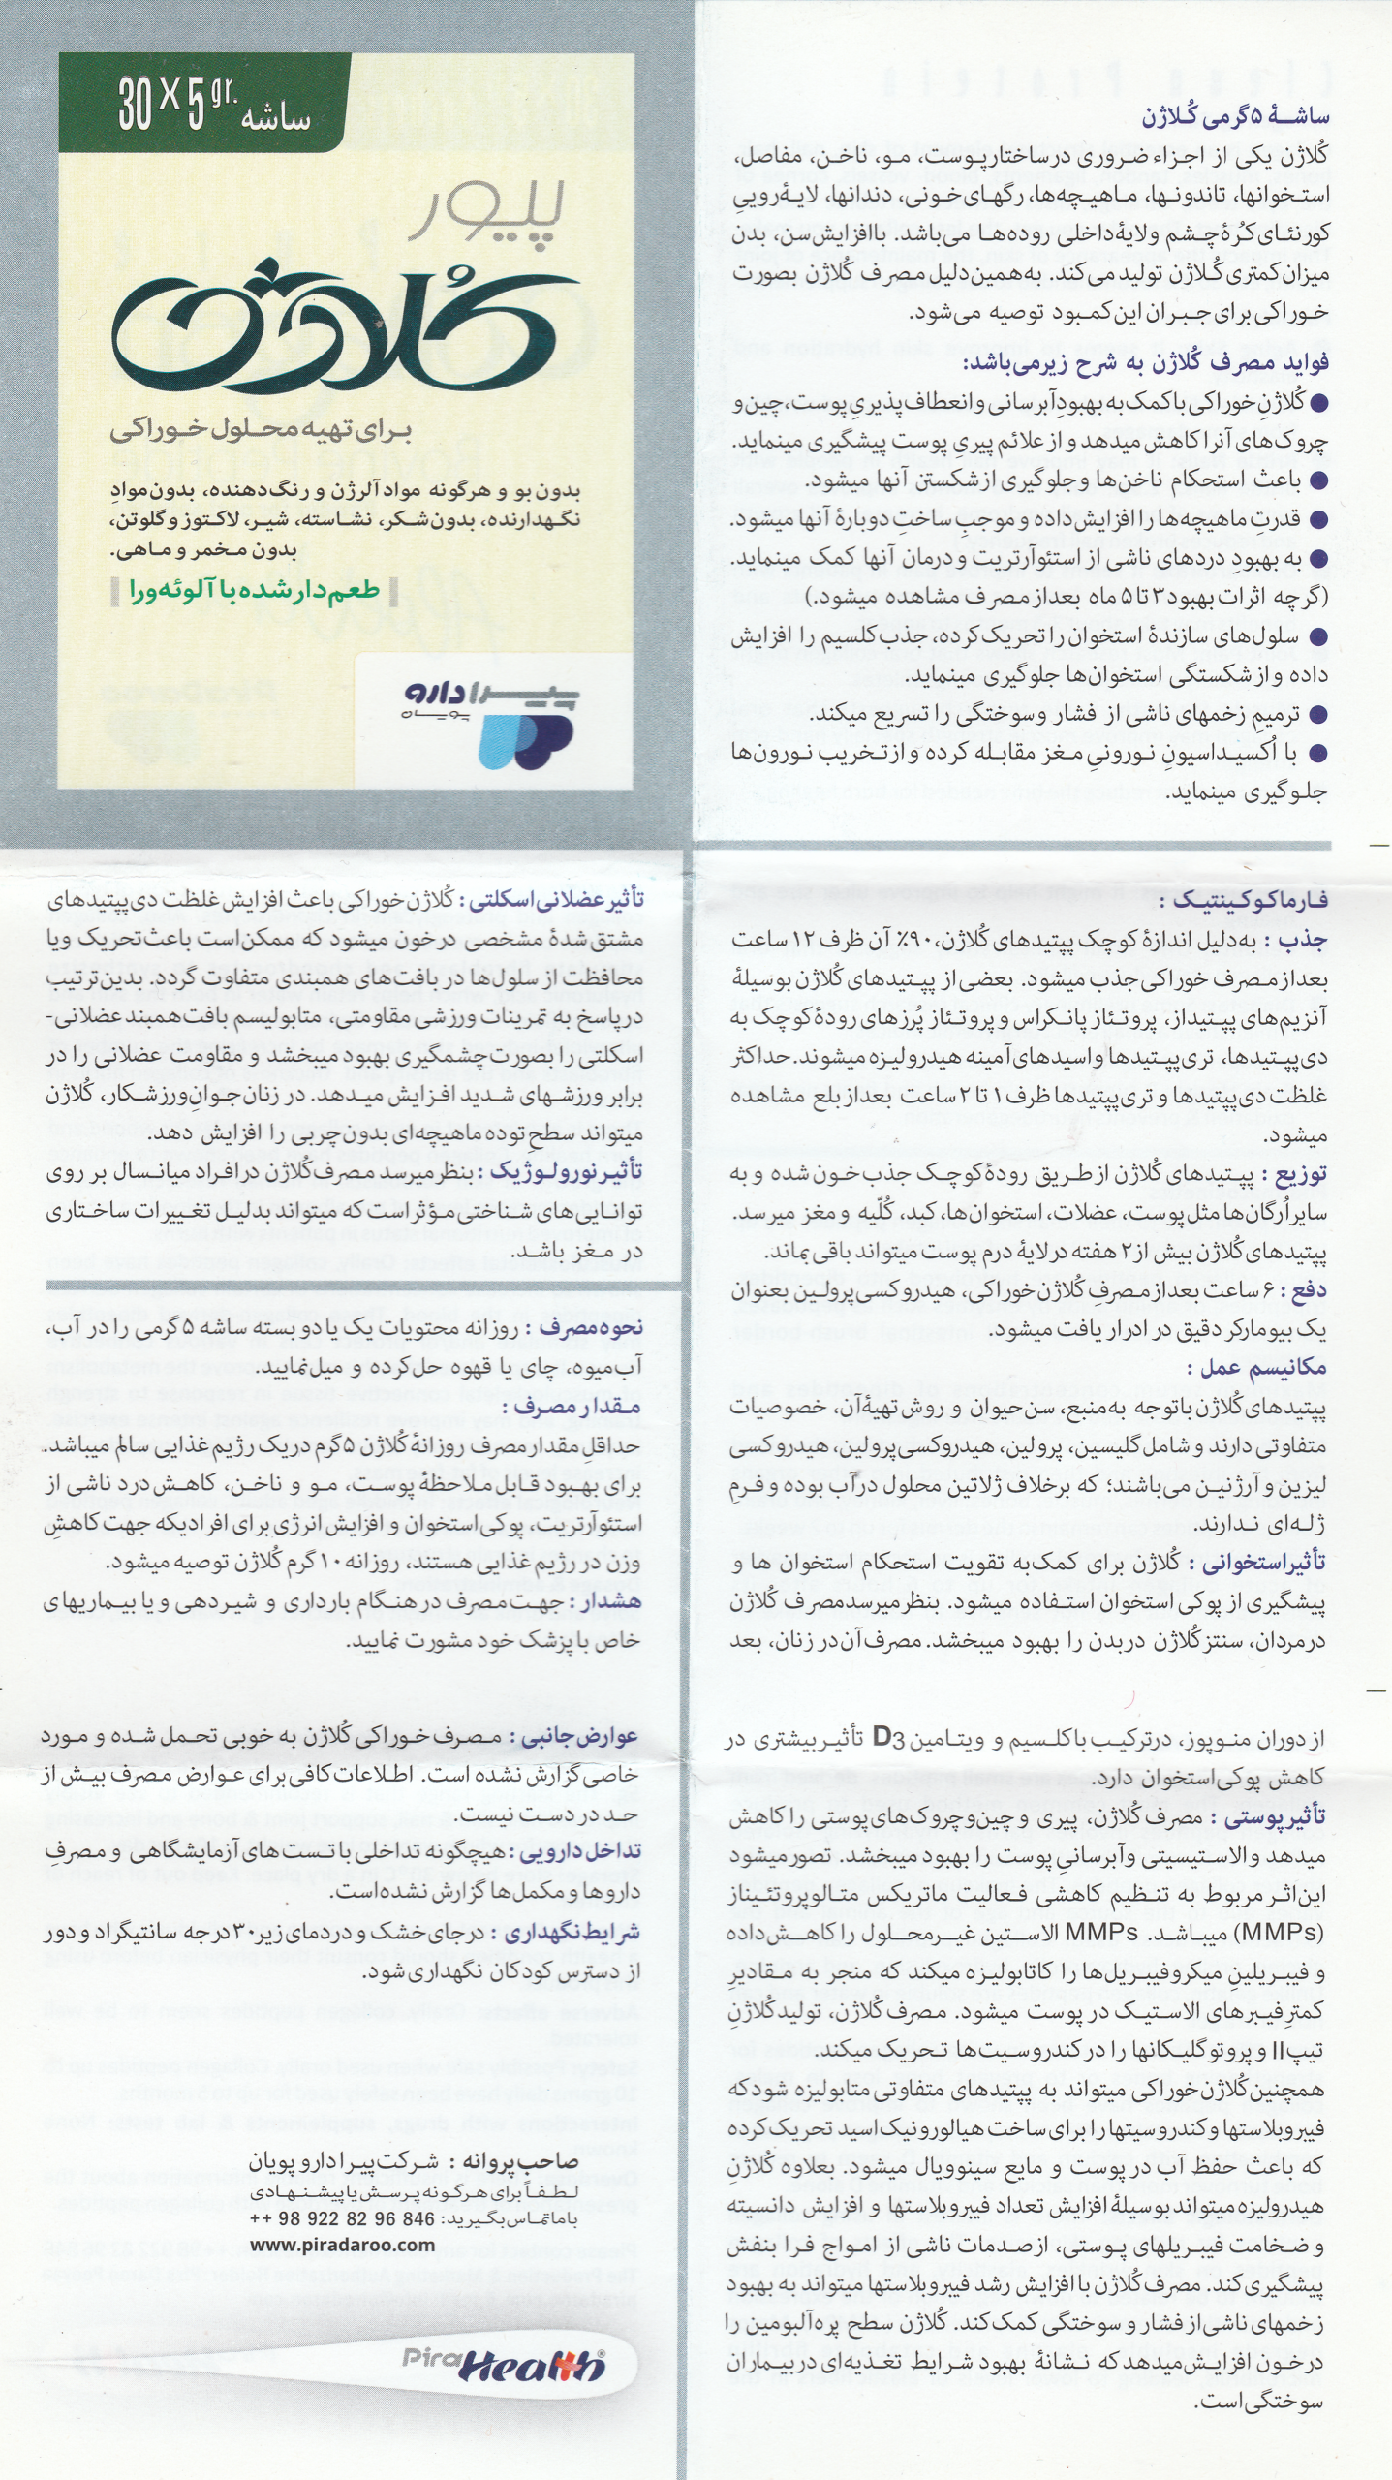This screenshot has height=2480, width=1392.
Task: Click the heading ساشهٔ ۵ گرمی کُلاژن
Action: (x=1236, y=117)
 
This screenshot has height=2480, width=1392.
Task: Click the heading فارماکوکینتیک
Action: (x=1243, y=901)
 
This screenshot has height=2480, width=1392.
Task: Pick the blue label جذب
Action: (x=1303, y=941)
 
